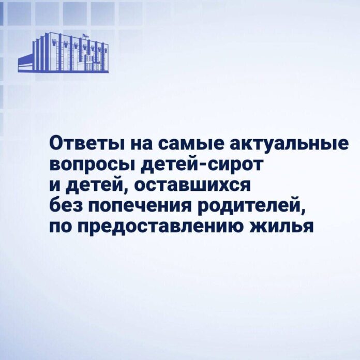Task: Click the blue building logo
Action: (63, 53)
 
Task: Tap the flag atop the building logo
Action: (85, 36)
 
